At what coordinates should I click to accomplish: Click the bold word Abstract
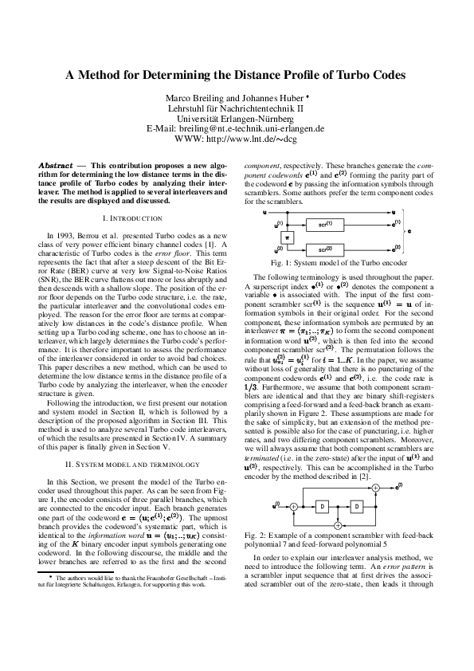pos(55,165)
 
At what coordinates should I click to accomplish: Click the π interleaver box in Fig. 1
pos(288,238)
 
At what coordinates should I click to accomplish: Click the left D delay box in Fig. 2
pos(321,506)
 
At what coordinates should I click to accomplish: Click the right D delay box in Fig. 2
pos(358,506)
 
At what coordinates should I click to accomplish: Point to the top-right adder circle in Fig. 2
pos(376,488)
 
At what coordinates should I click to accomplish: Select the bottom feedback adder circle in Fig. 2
pos(338,525)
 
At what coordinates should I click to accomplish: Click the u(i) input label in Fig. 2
pos(277,504)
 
